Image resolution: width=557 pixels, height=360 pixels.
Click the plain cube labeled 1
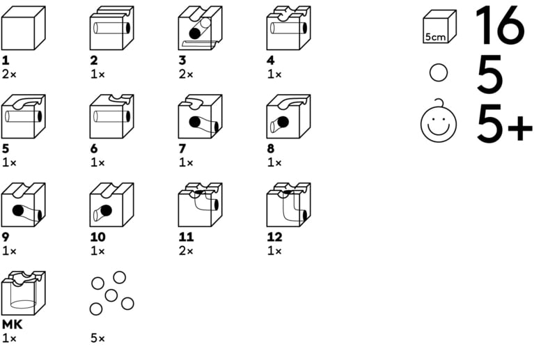point(23,29)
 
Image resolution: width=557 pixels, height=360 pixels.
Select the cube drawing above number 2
point(111,29)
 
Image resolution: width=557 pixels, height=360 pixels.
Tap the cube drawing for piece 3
point(200,29)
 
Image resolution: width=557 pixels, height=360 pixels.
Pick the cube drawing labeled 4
point(288,29)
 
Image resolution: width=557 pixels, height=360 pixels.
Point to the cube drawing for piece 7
point(200,117)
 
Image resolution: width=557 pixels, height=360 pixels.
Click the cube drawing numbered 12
point(288,205)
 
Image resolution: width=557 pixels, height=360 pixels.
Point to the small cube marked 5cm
point(439,27)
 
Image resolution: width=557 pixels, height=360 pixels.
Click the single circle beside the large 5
point(439,73)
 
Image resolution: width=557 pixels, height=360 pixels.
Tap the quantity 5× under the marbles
point(97,338)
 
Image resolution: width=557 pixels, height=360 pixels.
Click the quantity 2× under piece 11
point(185,251)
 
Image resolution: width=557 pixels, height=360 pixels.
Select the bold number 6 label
point(94,149)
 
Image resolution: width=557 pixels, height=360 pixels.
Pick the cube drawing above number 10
point(111,205)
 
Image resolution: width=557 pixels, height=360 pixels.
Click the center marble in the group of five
point(111,295)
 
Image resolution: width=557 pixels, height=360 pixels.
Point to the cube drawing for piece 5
point(23,117)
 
